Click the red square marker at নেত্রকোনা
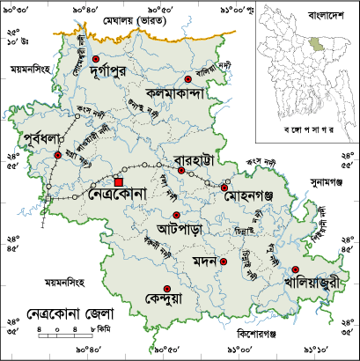click(x=119, y=182)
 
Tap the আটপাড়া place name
click(x=174, y=228)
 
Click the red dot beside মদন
click(x=224, y=262)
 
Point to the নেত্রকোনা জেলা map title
click(x=60, y=313)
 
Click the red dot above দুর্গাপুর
click(x=95, y=59)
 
